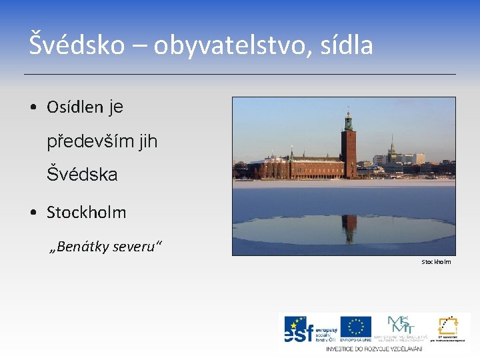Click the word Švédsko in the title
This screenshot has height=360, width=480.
click(x=76, y=45)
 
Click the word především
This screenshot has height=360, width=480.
click(x=85, y=141)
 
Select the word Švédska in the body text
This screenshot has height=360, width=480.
click(x=82, y=175)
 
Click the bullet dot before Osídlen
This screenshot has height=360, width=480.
click(x=33, y=107)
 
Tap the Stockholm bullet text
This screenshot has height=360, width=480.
click(x=86, y=213)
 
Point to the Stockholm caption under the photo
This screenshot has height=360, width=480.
click(x=436, y=262)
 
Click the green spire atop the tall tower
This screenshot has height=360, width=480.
click(x=348, y=119)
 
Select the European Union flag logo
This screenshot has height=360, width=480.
click(x=355, y=327)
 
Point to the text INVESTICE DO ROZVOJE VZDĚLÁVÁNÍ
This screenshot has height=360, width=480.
click(x=373, y=349)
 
